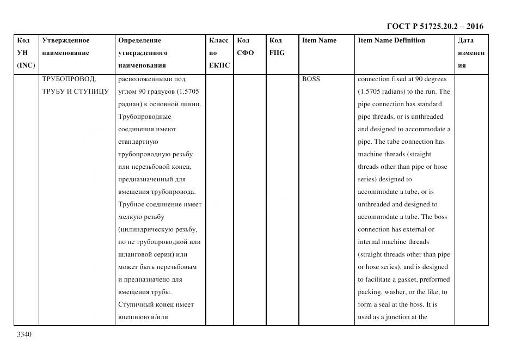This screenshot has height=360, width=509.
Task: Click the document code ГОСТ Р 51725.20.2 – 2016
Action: click(435, 26)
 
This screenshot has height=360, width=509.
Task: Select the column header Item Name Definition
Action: click(391, 40)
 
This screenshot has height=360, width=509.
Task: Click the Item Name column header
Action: click(319, 40)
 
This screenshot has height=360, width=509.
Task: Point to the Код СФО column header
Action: click(245, 47)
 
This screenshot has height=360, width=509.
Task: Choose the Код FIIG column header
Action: click(277, 47)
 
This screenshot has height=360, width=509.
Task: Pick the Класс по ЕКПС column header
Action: click(219, 53)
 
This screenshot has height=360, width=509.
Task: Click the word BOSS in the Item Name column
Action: click(311, 79)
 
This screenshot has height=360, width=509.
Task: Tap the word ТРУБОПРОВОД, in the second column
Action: click(69, 79)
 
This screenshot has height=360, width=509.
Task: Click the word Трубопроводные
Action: click(144, 117)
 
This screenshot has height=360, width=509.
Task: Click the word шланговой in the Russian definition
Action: click(136, 254)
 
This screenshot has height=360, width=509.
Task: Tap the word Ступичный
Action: click(135, 304)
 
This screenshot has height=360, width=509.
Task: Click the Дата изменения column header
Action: click(471, 53)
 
